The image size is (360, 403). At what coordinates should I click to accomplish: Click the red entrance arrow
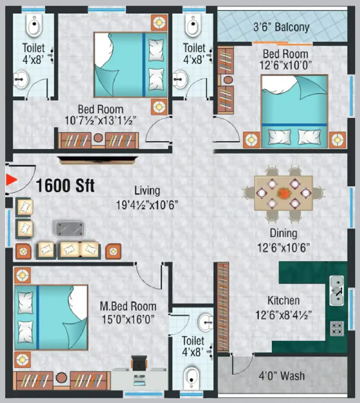click(x=11, y=179)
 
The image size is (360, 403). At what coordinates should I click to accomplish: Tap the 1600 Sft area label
click(x=65, y=185)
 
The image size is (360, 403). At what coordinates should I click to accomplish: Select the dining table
click(x=283, y=193)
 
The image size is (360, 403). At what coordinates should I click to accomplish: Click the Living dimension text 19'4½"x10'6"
click(x=147, y=205)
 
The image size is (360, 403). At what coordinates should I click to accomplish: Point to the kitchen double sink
click(x=336, y=290)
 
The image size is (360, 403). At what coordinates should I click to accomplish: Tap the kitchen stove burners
click(x=336, y=328)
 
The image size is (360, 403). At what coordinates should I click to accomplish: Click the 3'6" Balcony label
click(x=281, y=27)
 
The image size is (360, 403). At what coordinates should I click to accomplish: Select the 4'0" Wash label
click(x=282, y=376)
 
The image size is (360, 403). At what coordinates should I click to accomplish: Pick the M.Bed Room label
click(x=128, y=306)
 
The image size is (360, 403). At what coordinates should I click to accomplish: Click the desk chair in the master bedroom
click(x=139, y=363)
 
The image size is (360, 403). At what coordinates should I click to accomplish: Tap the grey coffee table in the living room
click(x=70, y=229)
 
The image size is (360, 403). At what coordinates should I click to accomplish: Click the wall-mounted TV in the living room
click(x=97, y=160)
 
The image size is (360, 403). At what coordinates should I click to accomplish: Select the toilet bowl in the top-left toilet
click(x=34, y=25)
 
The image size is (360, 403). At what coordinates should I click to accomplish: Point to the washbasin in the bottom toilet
click(x=206, y=322)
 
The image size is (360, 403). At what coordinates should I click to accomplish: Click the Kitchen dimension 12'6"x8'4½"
click(x=283, y=315)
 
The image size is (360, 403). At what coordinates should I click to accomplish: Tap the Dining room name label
click(x=283, y=233)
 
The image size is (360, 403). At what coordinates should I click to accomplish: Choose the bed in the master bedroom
click(x=51, y=317)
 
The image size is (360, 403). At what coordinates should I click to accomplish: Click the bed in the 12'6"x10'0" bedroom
click(x=294, y=111)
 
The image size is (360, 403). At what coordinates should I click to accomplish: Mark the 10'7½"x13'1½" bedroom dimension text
click(x=100, y=120)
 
